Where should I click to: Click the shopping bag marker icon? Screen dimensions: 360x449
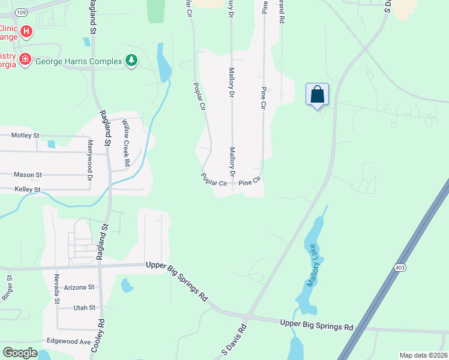coord(317,95)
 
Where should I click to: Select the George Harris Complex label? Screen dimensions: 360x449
coord(79,61)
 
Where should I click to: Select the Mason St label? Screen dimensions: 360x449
coord(28,175)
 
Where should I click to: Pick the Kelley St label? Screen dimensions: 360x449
coord(28,190)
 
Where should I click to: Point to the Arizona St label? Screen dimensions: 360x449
coord(79,287)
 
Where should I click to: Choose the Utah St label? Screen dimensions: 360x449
coord(84,308)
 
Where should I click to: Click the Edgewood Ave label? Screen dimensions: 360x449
coord(68,341)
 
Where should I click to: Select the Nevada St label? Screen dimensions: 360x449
coord(57,289)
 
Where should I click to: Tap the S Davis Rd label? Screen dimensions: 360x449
coord(235,339)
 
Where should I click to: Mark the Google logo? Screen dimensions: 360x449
coord(20,353)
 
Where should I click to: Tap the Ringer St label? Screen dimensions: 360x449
coord(8,287)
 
